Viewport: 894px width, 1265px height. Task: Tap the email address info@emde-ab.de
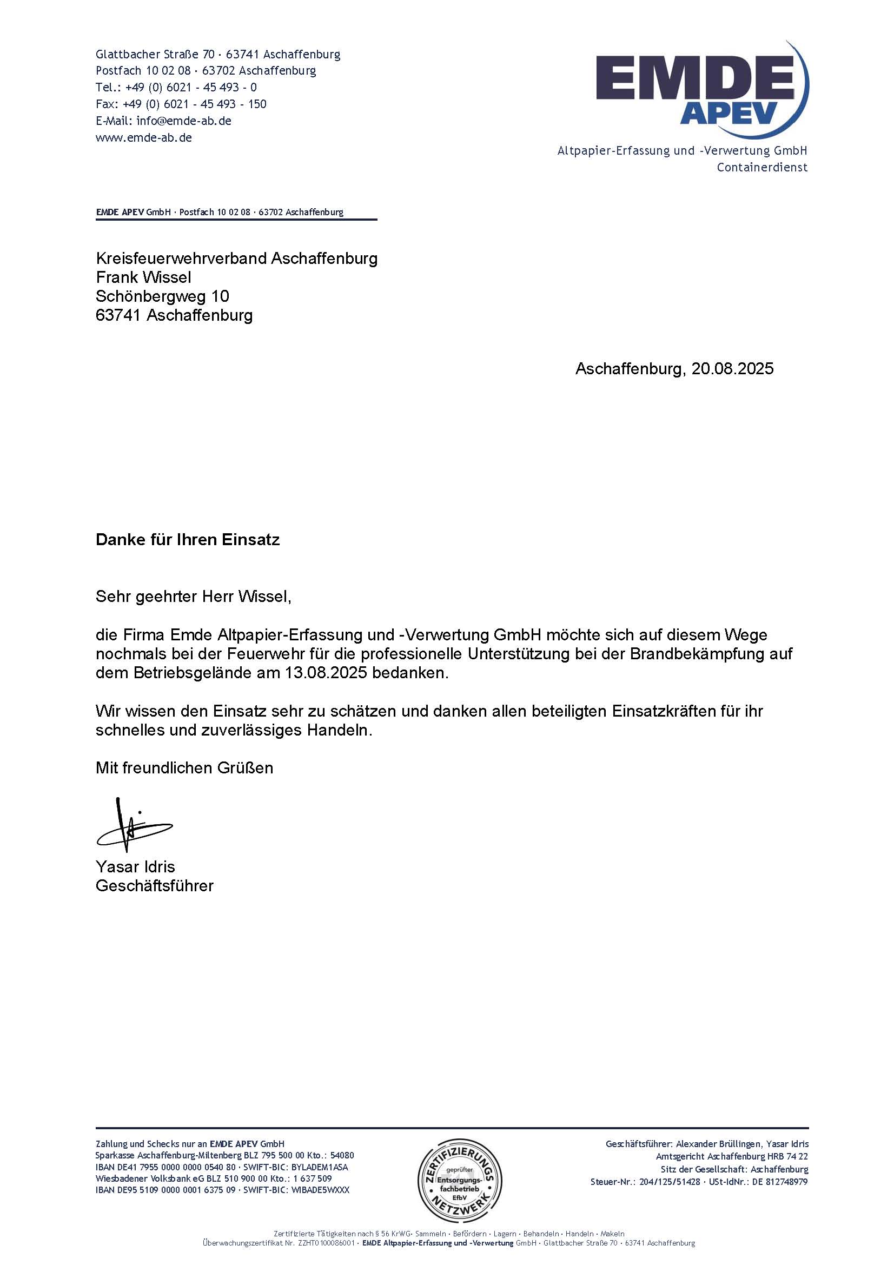183,121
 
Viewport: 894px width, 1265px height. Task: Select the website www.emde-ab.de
144,138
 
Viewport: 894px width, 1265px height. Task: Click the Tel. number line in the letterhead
176,87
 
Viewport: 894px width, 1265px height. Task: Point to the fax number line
181,104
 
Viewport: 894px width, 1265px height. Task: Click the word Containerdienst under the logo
762,168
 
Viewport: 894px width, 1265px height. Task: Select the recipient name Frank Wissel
144,277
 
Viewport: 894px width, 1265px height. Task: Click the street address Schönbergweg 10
162,296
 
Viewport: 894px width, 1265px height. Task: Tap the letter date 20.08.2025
732,369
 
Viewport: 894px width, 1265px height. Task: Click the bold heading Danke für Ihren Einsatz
188,539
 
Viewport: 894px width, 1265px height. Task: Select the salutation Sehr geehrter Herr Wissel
193,596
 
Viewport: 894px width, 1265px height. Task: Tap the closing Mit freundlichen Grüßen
184,767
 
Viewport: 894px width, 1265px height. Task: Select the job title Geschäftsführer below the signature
155,886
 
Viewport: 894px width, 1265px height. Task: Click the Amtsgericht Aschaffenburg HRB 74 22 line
732,1156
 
